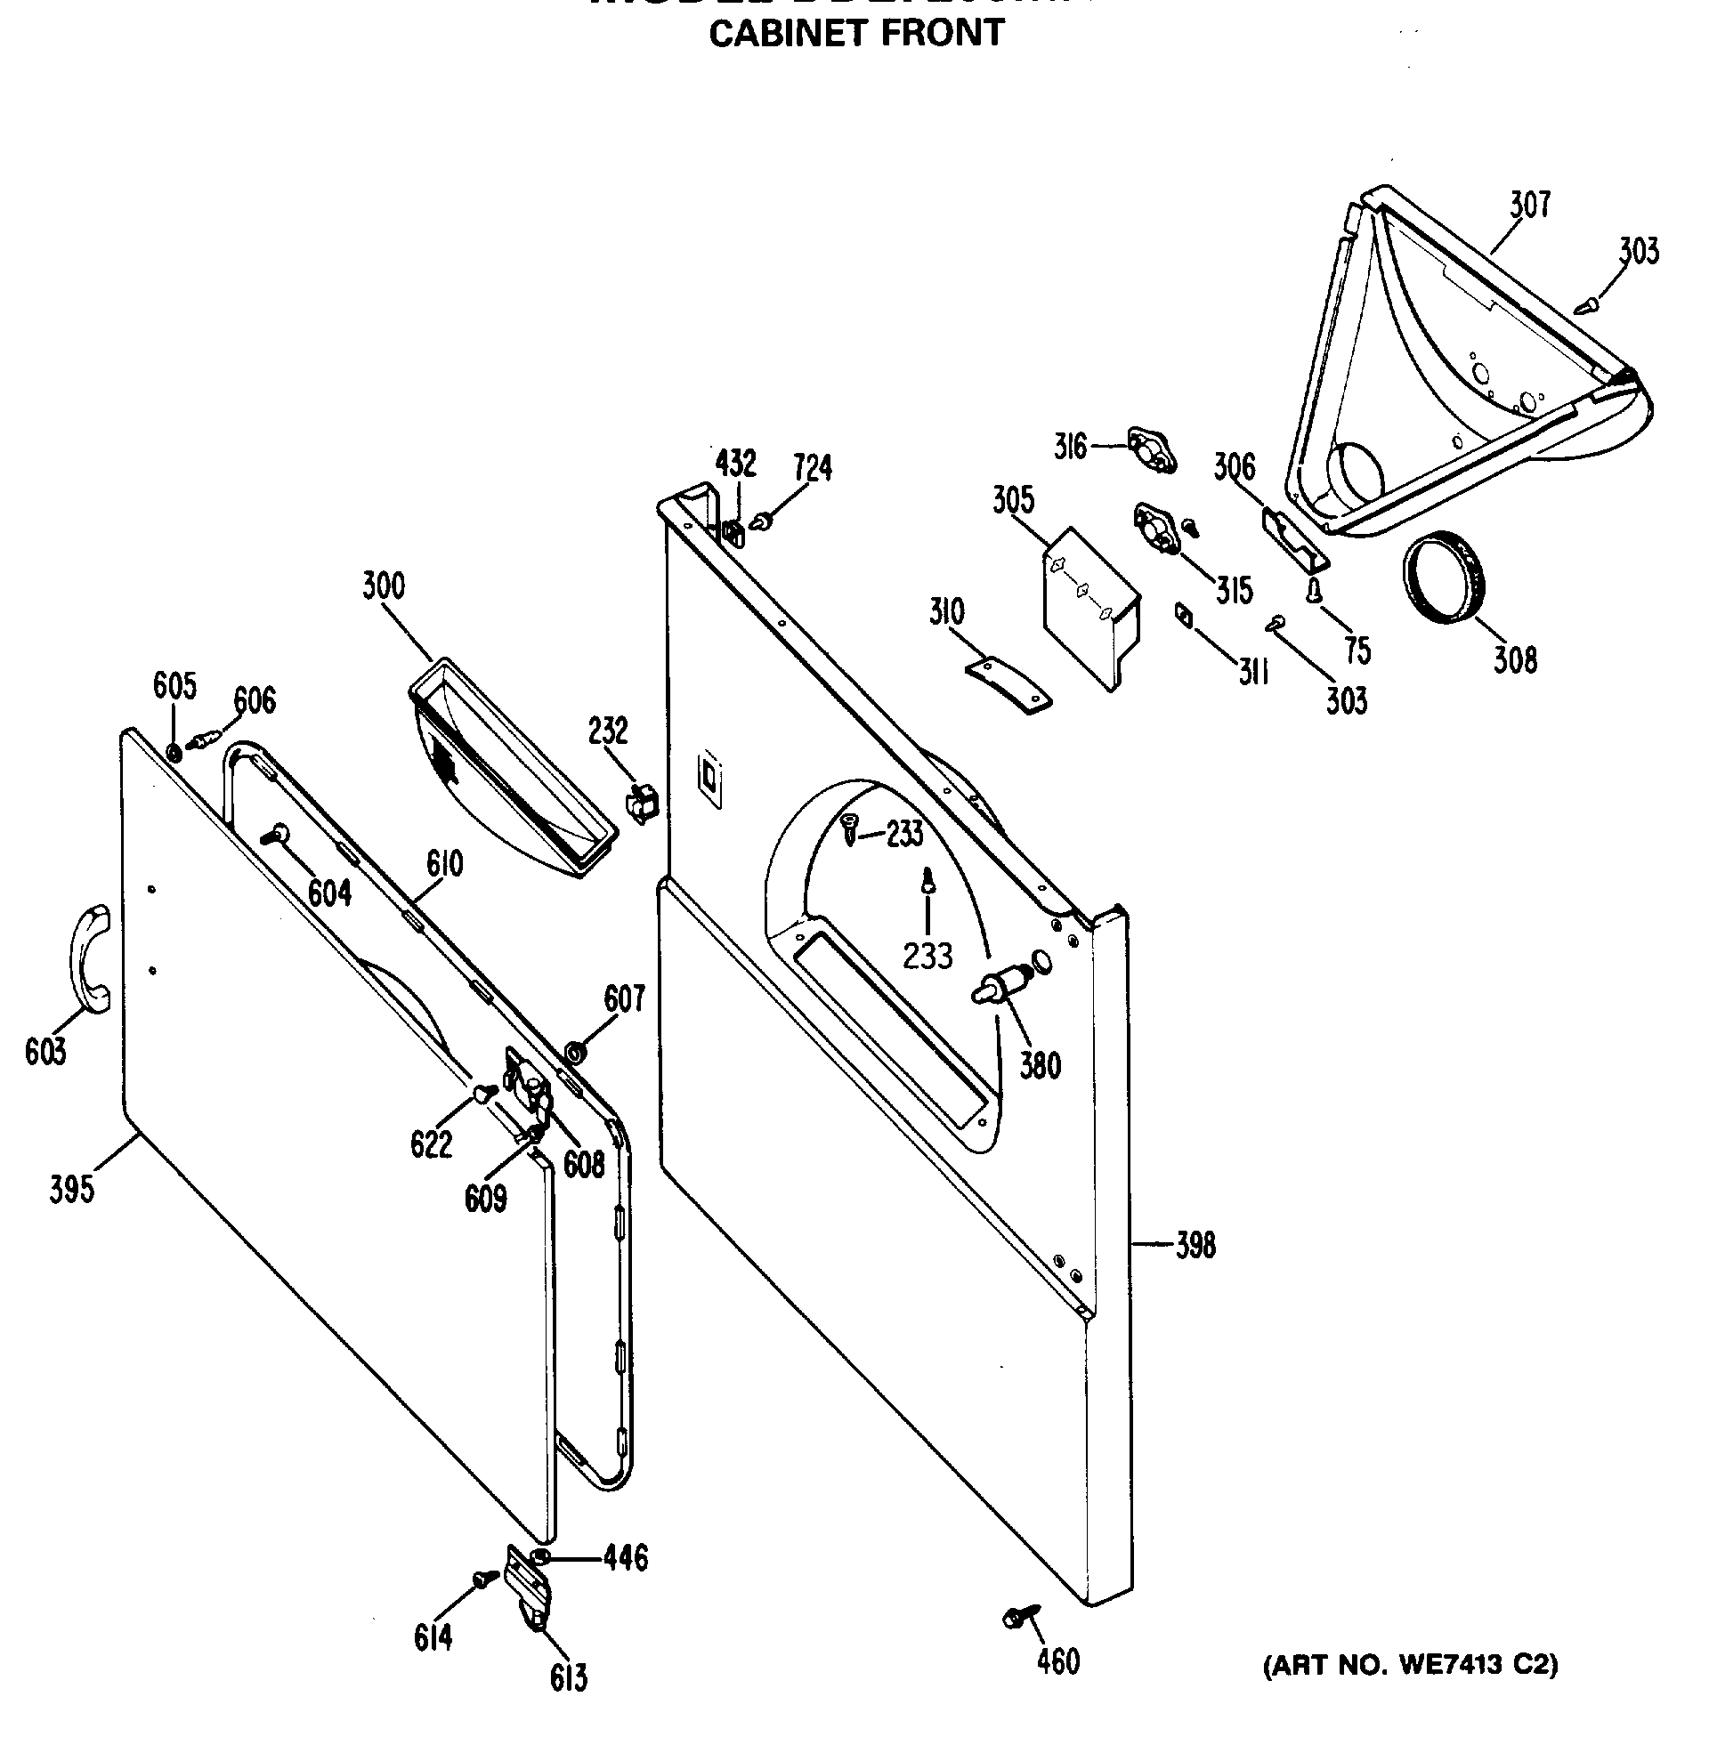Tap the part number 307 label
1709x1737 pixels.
1529,205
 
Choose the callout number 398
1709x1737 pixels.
1195,1244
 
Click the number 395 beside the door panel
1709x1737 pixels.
72,1190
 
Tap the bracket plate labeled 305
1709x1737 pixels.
1090,608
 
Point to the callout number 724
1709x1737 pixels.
813,467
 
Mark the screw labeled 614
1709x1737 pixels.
486,1578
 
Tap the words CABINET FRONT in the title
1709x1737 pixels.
855,34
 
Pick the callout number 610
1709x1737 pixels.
444,864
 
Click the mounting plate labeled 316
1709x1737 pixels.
1152,450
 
